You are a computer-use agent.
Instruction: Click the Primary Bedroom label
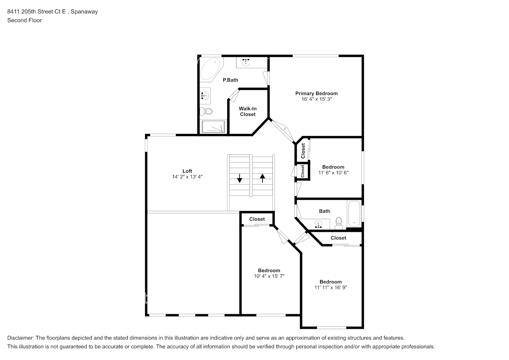pyautogui.click(x=316, y=93)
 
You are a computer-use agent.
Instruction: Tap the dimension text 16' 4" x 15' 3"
pyautogui.click(x=316, y=99)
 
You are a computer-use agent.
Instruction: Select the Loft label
pyautogui.click(x=187, y=171)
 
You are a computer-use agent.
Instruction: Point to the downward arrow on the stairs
pyautogui.click(x=239, y=178)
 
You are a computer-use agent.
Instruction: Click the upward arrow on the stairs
pyautogui.click(x=262, y=178)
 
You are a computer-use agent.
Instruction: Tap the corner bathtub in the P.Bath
pyautogui.click(x=210, y=69)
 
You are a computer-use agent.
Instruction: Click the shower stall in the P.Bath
pyautogui.click(x=213, y=127)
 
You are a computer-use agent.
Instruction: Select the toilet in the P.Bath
pyautogui.click(x=206, y=111)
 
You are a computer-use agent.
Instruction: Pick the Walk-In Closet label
pyautogui.click(x=248, y=111)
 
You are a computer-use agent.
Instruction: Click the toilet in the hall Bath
pyautogui.click(x=339, y=224)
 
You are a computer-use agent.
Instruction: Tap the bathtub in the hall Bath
pyautogui.click(x=354, y=213)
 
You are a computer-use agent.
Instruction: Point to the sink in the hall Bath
pyautogui.click(x=318, y=224)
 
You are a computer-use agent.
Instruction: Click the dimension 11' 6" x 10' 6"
pyautogui.click(x=333, y=173)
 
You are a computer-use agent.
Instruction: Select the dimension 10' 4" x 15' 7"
pyautogui.click(x=269, y=276)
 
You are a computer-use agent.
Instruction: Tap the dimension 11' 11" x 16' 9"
pyautogui.click(x=330, y=288)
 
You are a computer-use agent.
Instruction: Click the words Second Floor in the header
pyautogui.click(x=24, y=20)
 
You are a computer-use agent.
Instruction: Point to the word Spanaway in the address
pyautogui.click(x=84, y=12)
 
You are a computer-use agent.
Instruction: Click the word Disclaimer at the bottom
pyautogui.click(x=21, y=338)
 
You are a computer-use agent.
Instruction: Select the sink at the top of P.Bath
pyautogui.click(x=246, y=62)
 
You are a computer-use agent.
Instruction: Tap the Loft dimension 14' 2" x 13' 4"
pyautogui.click(x=187, y=177)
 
